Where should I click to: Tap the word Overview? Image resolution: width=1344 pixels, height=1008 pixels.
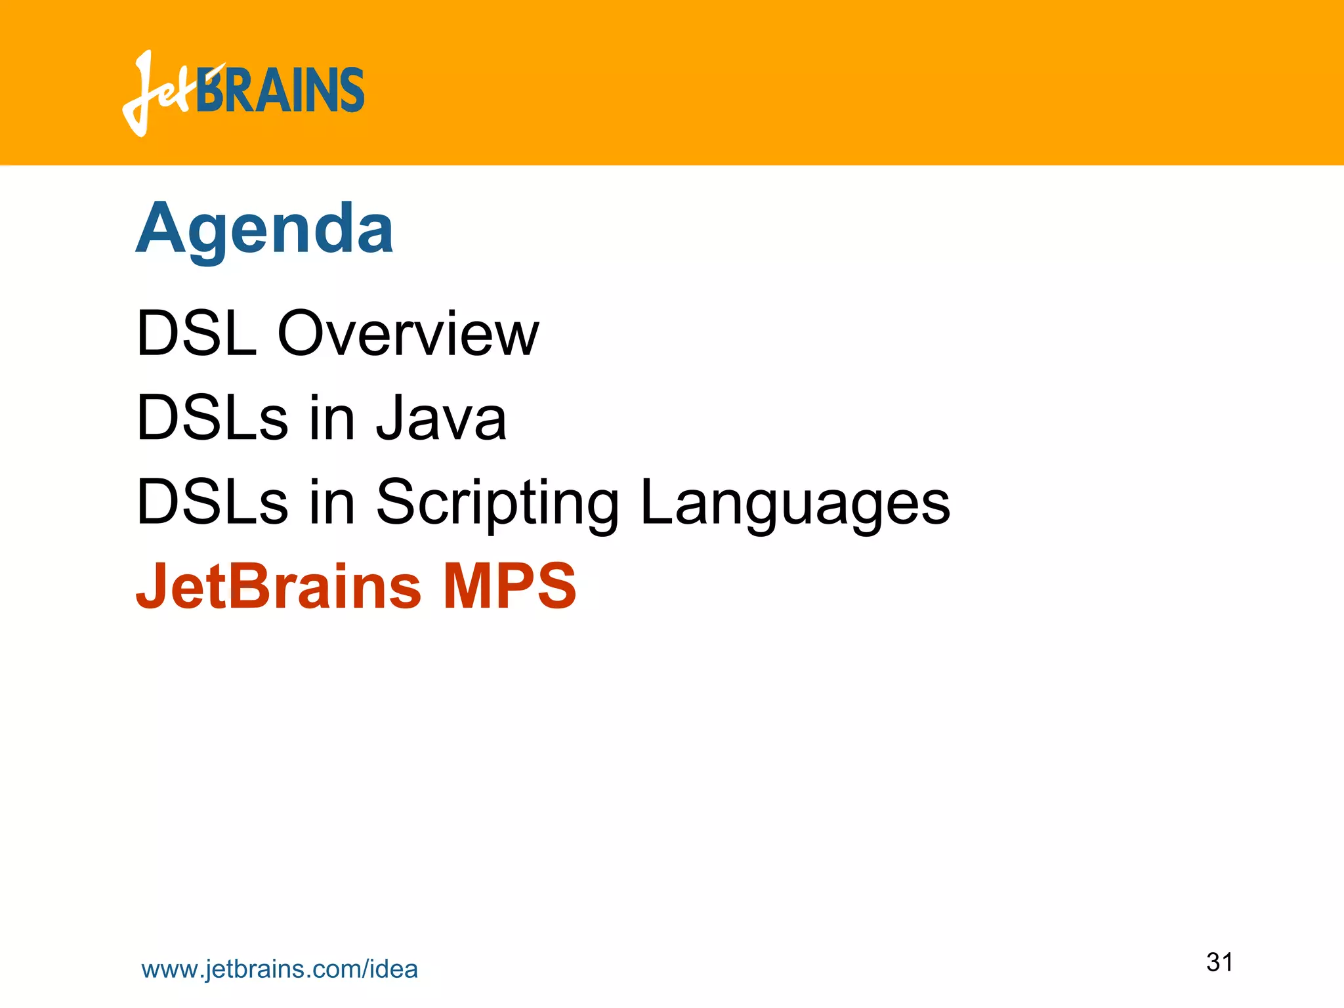(x=408, y=334)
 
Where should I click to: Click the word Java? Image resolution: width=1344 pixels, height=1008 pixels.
(x=441, y=418)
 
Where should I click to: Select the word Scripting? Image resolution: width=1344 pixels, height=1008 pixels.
(x=497, y=503)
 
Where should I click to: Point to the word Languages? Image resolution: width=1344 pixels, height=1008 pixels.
(x=795, y=503)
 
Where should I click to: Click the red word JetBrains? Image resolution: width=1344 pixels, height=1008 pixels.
(x=278, y=585)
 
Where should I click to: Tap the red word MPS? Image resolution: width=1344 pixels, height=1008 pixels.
(x=510, y=585)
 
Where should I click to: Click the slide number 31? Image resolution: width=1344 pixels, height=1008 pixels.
(x=1219, y=962)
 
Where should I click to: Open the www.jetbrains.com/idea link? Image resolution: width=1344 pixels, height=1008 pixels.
(x=280, y=969)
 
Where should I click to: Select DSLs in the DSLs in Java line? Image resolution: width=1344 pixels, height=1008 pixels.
(x=211, y=418)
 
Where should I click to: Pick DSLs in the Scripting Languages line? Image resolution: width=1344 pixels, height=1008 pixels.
(x=211, y=503)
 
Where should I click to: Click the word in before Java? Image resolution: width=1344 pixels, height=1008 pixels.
(x=331, y=418)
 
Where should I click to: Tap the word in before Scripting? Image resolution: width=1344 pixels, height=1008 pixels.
(x=331, y=503)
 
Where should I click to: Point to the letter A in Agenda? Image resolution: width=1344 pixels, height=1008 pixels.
(x=161, y=228)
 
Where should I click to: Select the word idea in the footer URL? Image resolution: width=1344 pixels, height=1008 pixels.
(x=394, y=969)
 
